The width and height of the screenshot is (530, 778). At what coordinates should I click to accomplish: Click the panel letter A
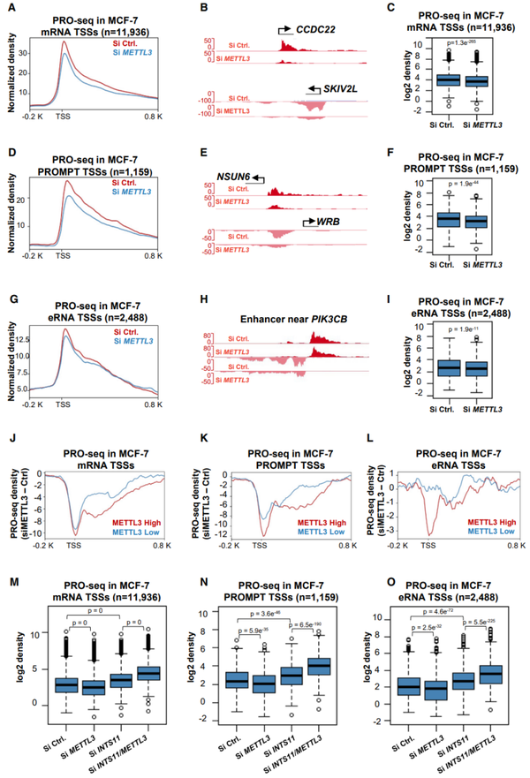point(11,8)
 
